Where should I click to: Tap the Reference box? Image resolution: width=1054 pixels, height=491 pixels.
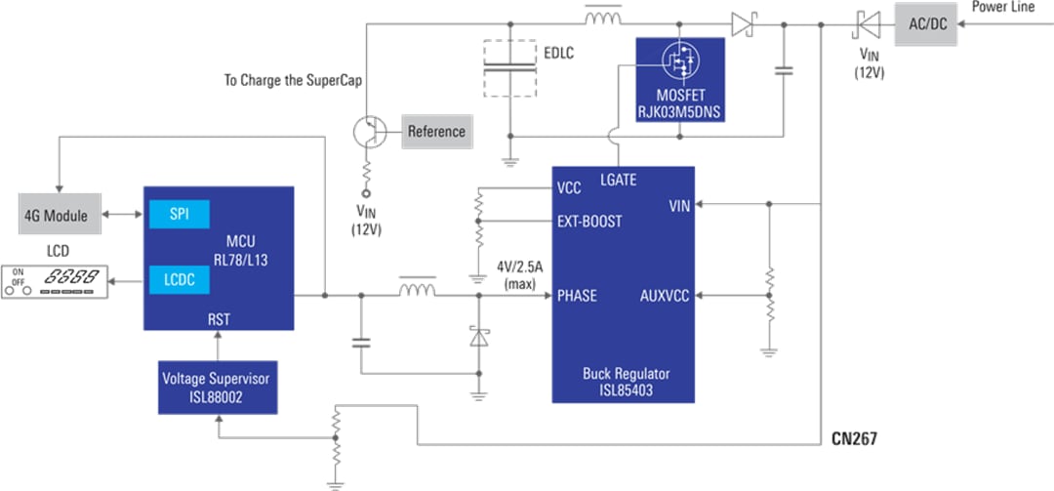click(x=435, y=132)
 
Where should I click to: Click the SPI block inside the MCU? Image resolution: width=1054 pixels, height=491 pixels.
click(x=179, y=214)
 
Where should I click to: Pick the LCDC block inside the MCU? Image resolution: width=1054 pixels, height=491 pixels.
click(x=179, y=281)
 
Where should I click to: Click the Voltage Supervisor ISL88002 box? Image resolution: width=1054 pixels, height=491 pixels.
click(x=218, y=387)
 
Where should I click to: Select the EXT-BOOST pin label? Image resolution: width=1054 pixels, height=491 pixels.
click(x=588, y=222)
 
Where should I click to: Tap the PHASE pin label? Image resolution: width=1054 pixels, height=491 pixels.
click(x=577, y=296)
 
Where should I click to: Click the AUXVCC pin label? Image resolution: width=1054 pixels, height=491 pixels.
click(x=665, y=296)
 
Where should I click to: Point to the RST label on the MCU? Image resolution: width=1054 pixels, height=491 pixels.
click(x=219, y=318)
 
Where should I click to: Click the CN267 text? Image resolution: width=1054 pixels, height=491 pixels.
click(x=854, y=440)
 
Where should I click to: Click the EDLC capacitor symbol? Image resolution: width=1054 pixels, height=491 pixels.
click(x=509, y=67)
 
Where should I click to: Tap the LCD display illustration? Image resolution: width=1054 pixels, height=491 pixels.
click(x=55, y=281)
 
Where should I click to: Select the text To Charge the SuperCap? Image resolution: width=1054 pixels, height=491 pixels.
click(x=293, y=81)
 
